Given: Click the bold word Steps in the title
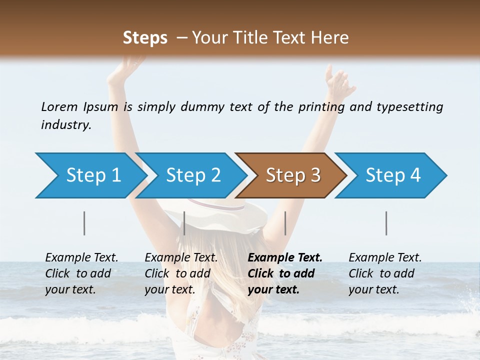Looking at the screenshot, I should click(x=145, y=38).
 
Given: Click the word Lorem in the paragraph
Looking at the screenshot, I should click(x=59, y=107).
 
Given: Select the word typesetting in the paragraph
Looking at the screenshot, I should click(x=409, y=107).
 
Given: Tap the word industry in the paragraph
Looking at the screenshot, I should click(x=65, y=125).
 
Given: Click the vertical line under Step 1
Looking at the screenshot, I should click(x=84, y=223).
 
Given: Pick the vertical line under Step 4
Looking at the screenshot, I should click(x=386, y=223).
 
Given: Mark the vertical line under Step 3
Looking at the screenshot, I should click(x=285, y=223).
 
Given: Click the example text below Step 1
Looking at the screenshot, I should click(x=81, y=273).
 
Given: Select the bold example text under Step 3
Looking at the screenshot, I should click(x=284, y=273).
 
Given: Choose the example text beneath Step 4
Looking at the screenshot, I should click(x=385, y=273).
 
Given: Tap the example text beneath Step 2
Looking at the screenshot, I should click(x=181, y=273).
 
